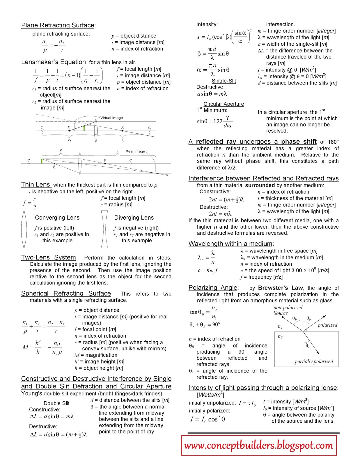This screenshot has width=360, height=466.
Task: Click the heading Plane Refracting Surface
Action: point(58,25)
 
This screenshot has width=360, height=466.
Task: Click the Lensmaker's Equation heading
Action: point(53,62)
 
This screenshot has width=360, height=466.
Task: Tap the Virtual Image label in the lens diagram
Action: point(111,118)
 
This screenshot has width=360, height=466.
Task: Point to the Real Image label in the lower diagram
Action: point(135,151)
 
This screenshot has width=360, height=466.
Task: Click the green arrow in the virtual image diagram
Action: point(84,128)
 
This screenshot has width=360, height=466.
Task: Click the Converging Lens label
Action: point(57,218)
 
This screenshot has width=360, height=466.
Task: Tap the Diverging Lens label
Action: point(134,218)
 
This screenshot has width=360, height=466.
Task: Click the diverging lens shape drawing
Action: point(104,230)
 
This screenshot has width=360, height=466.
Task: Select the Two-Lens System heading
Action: point(48,257)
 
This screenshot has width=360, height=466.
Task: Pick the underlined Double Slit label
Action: point(56,403)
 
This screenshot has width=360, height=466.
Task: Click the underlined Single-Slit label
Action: point(224,81)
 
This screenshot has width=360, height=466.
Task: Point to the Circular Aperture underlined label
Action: point(224,104)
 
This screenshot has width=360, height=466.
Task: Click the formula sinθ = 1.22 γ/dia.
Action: point(215,121)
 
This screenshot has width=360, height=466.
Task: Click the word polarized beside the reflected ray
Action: point(327,325)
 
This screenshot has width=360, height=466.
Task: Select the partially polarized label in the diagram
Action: point(314,362)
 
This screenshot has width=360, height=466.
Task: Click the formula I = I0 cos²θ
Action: point(208,419)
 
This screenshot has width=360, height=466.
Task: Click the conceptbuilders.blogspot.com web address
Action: point(259,445)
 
